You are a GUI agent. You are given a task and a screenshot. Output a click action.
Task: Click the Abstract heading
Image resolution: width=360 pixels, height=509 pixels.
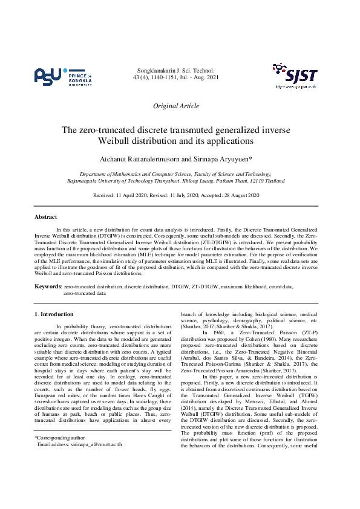pyautogui.click(x=45, y=216)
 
